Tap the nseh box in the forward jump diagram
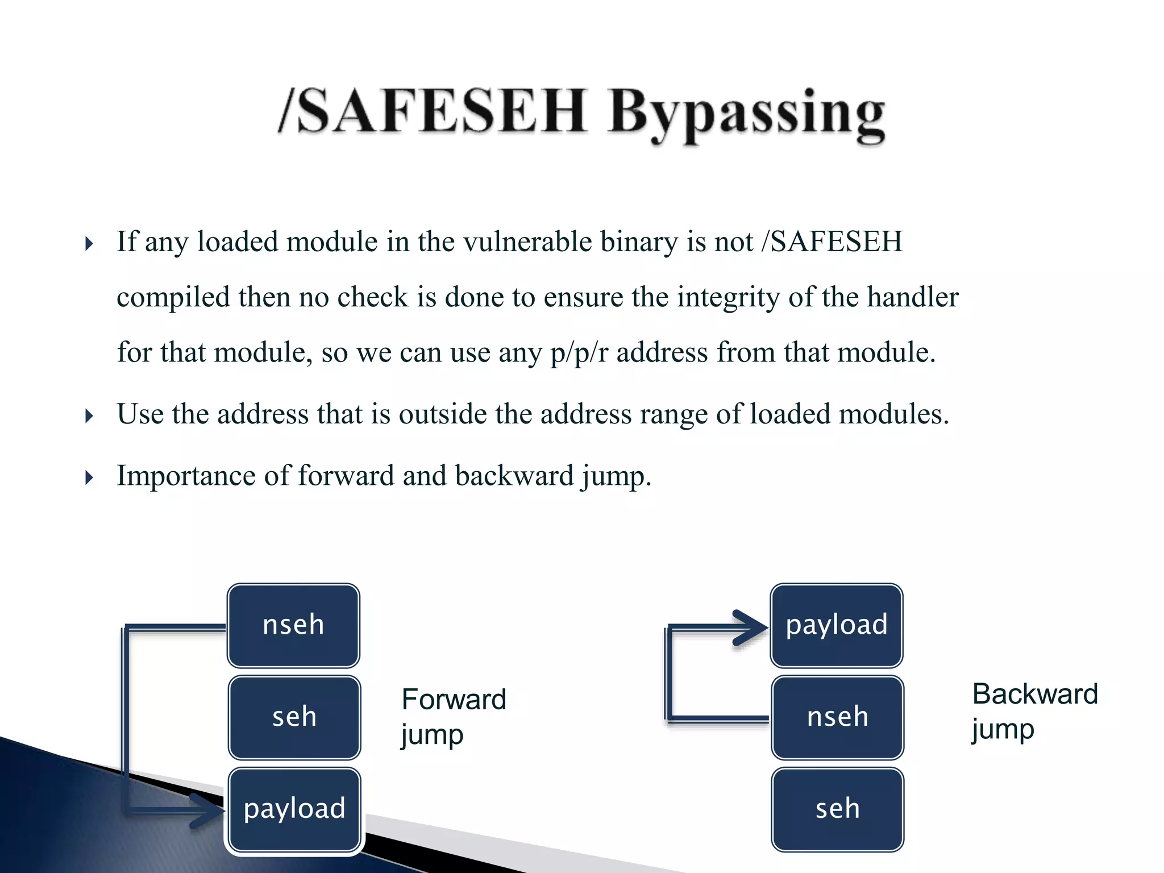(293, 625)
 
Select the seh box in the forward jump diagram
(294, 717)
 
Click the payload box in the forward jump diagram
(294, 809)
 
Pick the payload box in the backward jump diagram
(837, 625)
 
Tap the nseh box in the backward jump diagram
(837, 717)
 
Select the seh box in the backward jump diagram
(837, 809)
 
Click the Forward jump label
(453, 716)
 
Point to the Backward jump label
(1034, 711)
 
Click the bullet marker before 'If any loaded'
(89, 244)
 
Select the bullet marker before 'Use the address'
(89, 416)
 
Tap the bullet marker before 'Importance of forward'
(89, 477)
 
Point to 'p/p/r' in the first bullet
(579, 352)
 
